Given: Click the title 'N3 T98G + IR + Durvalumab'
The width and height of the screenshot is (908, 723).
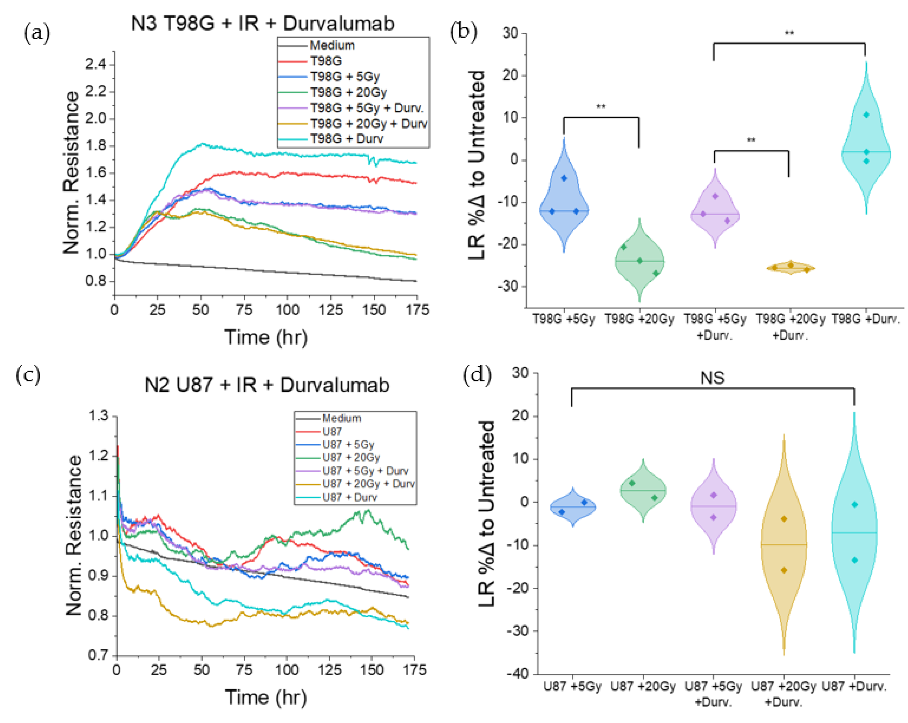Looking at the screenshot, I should (262, 23).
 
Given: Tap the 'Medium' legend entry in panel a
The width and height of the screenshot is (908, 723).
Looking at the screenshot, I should (332, 45).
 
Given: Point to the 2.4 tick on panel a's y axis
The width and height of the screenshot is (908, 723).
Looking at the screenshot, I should (96, 65).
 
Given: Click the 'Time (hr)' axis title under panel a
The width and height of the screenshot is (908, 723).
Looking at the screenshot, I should (266, 337).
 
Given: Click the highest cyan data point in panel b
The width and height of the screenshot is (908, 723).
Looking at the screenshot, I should (866, 115).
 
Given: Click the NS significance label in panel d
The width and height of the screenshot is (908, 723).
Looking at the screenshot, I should (712, 378).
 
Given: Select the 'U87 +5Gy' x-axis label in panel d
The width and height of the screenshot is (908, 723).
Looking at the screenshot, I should (572, 687).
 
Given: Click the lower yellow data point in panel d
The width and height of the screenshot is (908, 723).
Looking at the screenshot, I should (784, 570).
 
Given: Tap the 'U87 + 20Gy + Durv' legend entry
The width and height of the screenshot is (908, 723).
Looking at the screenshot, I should (368, 484).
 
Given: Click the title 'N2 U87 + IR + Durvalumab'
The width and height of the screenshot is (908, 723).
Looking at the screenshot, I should (267, 385).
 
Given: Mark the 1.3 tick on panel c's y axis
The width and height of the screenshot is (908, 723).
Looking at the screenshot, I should (98, 416).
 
